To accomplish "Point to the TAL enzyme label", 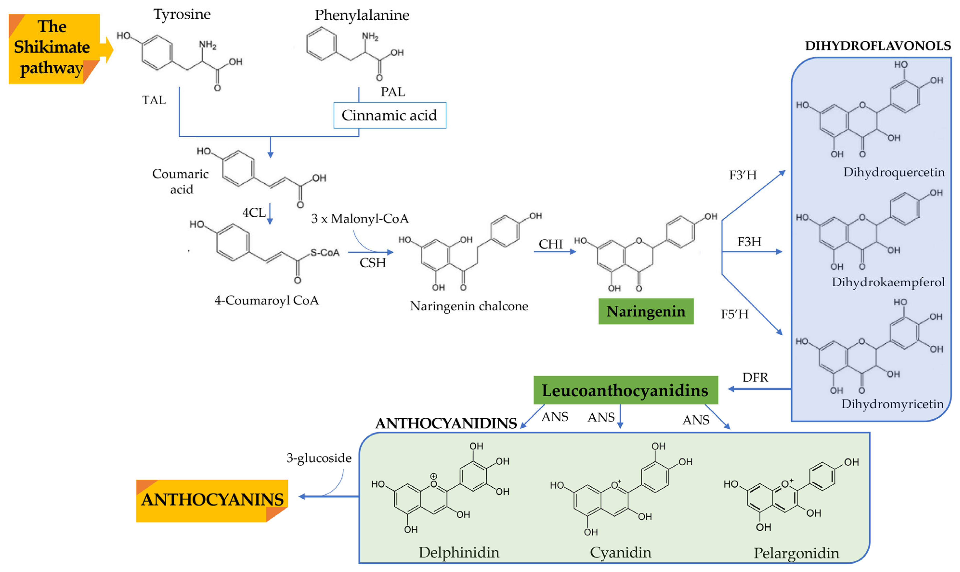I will [154, 100].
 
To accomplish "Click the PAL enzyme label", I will [393, 92].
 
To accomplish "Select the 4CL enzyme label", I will [254, 212].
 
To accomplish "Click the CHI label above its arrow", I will [550, 244].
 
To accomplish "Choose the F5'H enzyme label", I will [734, 314].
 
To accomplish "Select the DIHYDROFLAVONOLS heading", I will [877, 46].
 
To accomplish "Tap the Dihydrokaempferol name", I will [888, 282].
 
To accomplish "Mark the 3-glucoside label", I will [319, 458].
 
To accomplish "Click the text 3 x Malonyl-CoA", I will [360, 219].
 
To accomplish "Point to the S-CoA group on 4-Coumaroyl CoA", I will [325, 253].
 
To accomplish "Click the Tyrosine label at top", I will [182, 14].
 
